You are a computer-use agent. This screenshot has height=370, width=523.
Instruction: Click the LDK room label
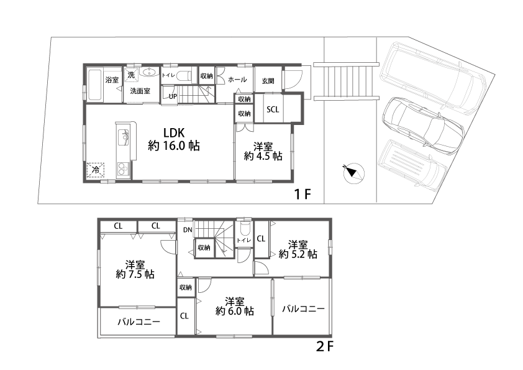[174, 133]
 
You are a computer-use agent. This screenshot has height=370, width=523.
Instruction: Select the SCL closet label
[273, 109]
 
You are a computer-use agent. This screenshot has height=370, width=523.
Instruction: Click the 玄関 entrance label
[268, 81]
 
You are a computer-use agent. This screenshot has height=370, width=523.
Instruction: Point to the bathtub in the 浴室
[94, 85]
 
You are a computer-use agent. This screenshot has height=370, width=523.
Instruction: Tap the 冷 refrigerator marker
[96, 170]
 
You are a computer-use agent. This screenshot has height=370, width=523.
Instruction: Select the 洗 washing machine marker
[131, 75]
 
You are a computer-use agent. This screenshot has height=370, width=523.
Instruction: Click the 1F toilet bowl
[183, 76]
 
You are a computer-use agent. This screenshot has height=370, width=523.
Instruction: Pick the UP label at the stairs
[173, 96]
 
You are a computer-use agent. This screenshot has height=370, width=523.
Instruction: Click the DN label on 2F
[188, 230]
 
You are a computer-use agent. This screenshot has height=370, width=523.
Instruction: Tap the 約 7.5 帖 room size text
[135, 274]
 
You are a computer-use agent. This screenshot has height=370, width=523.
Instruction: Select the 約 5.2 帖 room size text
[298, 254]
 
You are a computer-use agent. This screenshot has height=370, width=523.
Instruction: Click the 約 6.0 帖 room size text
[235, 311]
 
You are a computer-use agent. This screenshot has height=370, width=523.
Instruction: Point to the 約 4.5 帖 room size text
[263, 156]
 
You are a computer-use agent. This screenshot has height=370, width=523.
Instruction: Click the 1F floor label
[302, 194]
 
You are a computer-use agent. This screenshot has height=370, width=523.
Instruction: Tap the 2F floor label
[324, 346]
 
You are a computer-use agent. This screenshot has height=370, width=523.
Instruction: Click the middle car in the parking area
[423, 125]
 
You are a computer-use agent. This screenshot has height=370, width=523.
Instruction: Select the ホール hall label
[237, 80]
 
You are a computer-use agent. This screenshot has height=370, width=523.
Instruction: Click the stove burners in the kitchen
[123, 169]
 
